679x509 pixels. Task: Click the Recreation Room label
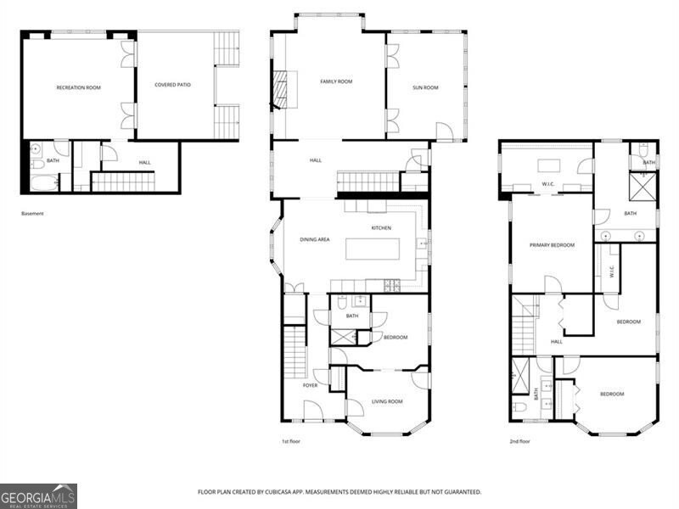[78, 87]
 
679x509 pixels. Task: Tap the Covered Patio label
[172, 85]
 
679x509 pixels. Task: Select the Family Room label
[336, 81]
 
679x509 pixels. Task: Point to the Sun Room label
[425, 87]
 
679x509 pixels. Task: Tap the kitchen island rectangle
[370, 248]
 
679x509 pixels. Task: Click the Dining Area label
[314, 240]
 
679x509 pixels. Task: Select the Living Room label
[388, 401]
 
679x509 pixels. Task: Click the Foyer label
[311, 385]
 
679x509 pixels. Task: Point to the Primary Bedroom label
[552, 245]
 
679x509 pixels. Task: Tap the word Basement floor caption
[32, 214]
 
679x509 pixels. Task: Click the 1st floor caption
[292, 442]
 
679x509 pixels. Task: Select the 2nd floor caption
[519, 442]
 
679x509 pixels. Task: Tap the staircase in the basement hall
[122, 182]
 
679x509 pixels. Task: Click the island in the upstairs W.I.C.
[548, 165]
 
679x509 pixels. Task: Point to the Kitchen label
[381, 227]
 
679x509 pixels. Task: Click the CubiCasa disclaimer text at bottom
[339, 492]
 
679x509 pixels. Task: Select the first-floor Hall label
[316, 160]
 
